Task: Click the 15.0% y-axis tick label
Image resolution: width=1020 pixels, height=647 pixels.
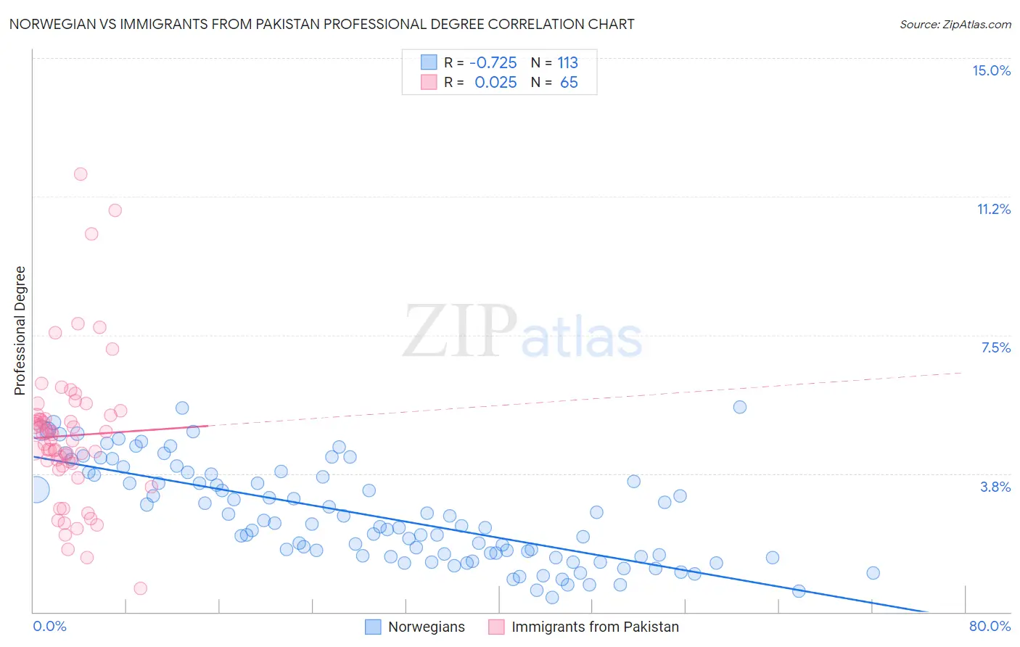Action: tap(991, 70)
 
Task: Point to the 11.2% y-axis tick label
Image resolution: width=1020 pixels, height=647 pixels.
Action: tap(993, 209)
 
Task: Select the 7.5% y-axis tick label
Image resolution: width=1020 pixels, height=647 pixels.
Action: tap(995, 347)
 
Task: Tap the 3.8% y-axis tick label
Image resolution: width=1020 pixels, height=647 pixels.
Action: tap(995, 487)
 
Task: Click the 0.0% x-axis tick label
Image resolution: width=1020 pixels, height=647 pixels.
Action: tap(49, 626)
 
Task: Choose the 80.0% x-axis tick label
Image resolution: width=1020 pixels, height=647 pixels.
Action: tap(990, 626)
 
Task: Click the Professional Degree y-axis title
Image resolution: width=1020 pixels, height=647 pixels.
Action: tap(20, 331)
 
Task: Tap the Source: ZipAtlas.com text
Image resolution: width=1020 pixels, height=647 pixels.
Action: tap(955, 24)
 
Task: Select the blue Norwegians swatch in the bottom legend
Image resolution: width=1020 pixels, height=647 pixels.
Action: tap(373, 627)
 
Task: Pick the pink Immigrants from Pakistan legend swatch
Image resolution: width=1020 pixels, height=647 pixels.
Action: tap(496, 627)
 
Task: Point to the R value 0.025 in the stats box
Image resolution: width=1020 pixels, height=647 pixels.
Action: tap(495, 83)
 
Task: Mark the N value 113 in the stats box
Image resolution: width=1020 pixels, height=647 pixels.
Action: tap(568, 62)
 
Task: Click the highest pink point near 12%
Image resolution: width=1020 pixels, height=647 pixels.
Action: tap(81, 174)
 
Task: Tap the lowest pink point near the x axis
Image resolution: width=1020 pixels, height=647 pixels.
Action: tap(141, 588)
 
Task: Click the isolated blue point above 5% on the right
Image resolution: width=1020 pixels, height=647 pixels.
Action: tap(740, 407)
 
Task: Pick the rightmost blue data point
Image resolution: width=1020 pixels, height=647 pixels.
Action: tap(873, 573)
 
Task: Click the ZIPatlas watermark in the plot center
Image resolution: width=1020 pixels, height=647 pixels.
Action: tap(522, 332)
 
